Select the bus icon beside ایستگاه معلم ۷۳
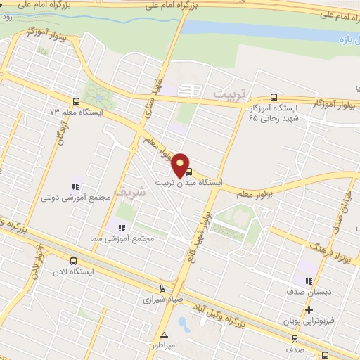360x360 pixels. pos(77,101)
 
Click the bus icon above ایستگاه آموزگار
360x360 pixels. pos(274,98)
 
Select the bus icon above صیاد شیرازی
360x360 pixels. pos(163,288)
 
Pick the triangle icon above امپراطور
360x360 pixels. pos(164,335)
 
